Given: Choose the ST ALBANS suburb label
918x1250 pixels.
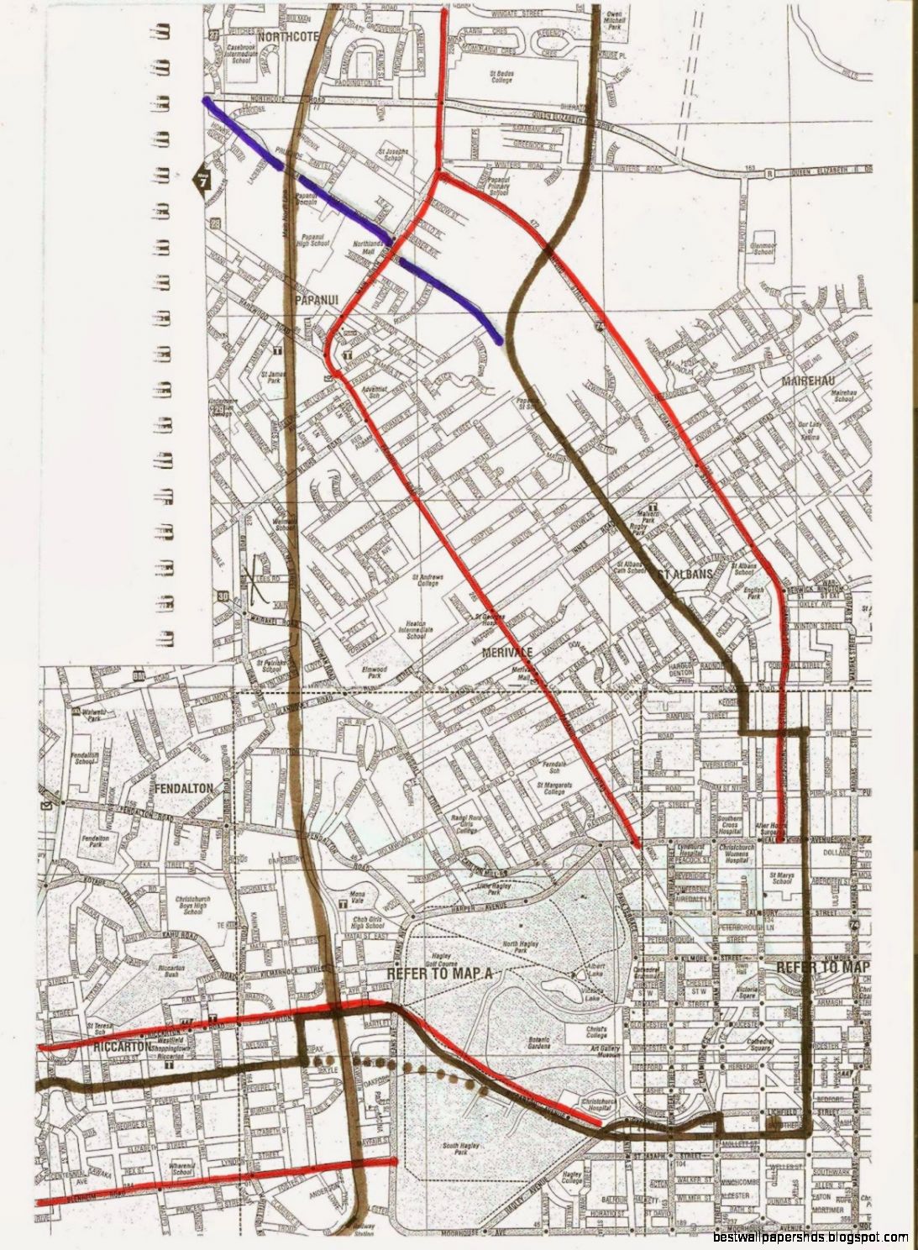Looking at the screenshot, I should click(x=685, y=575).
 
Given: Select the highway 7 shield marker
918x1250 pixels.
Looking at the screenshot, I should click(x=202, y=179).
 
